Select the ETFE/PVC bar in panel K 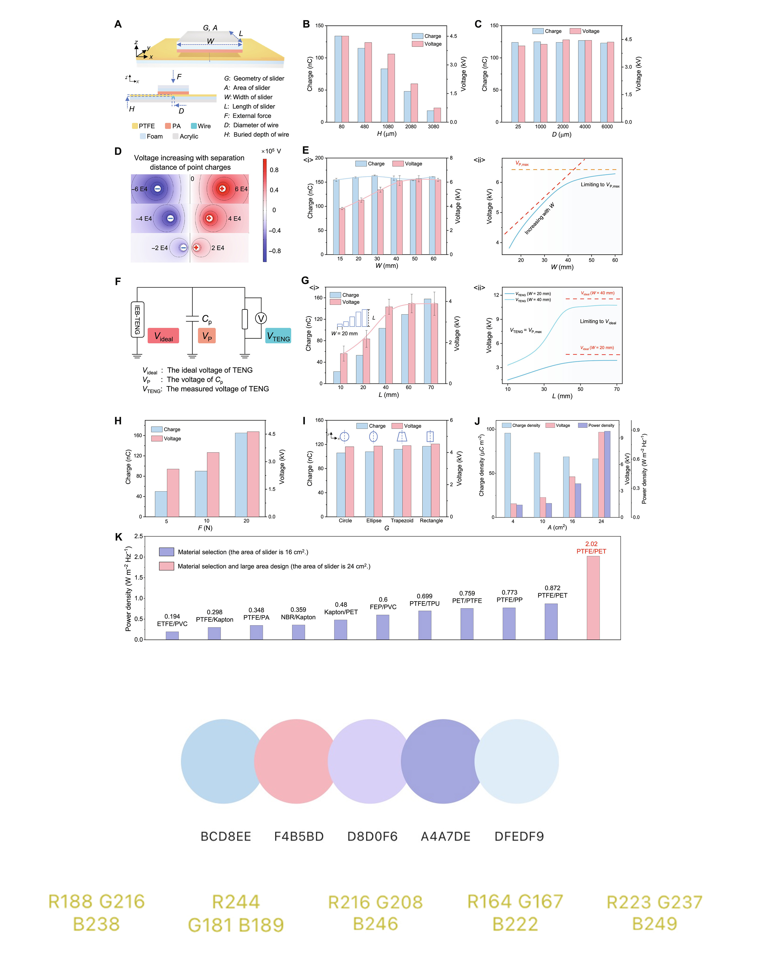point(172,635)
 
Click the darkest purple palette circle point(443,761)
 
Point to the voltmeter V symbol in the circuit point(261,318)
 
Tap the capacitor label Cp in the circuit point(207,319)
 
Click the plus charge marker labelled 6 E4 point(222,189)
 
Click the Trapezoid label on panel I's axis point(402,521)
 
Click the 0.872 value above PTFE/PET point(552,588)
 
